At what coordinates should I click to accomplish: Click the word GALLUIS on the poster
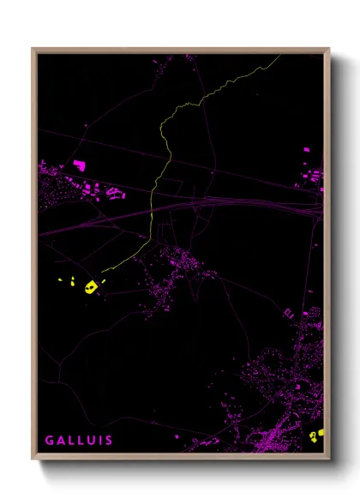(78, 440)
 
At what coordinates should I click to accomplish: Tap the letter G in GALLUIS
(50, 440)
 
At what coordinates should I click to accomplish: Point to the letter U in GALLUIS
(89, 440)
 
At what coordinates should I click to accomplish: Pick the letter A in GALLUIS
(60, 440)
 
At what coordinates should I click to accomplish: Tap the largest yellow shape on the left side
(89, 286)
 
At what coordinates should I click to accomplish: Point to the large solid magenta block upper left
(79, 164)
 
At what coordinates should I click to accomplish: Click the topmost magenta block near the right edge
(305, 151)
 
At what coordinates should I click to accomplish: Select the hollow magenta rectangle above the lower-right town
(289, 314)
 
